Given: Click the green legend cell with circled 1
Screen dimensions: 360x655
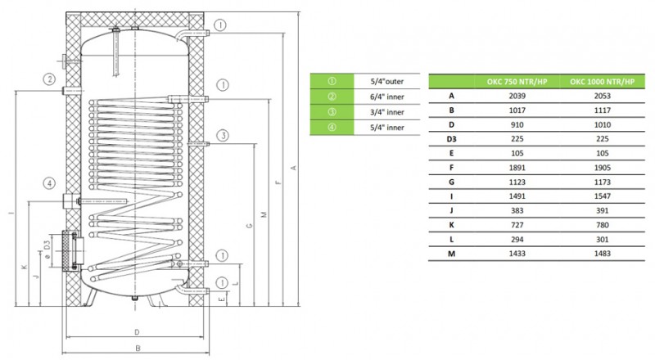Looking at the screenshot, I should [332, 81].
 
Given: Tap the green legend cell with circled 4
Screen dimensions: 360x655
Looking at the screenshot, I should [332, 128].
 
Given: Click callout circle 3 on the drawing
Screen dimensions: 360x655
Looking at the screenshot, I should [222, 135].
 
